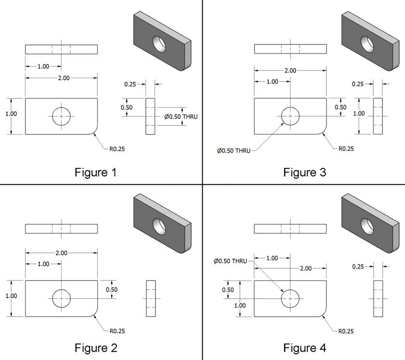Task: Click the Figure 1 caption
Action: [95, 173]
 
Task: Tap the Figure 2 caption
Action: [96, 348]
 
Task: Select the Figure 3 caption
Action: [304, 173]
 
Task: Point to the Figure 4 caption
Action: [304, 348]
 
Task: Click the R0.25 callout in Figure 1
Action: [117, 149]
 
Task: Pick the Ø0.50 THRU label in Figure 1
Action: [181, 117]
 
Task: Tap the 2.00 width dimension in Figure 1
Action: [64, 78]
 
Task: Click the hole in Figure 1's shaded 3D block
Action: [159, 44]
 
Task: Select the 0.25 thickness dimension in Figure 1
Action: [130, 84]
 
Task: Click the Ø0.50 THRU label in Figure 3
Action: [234, 150]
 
